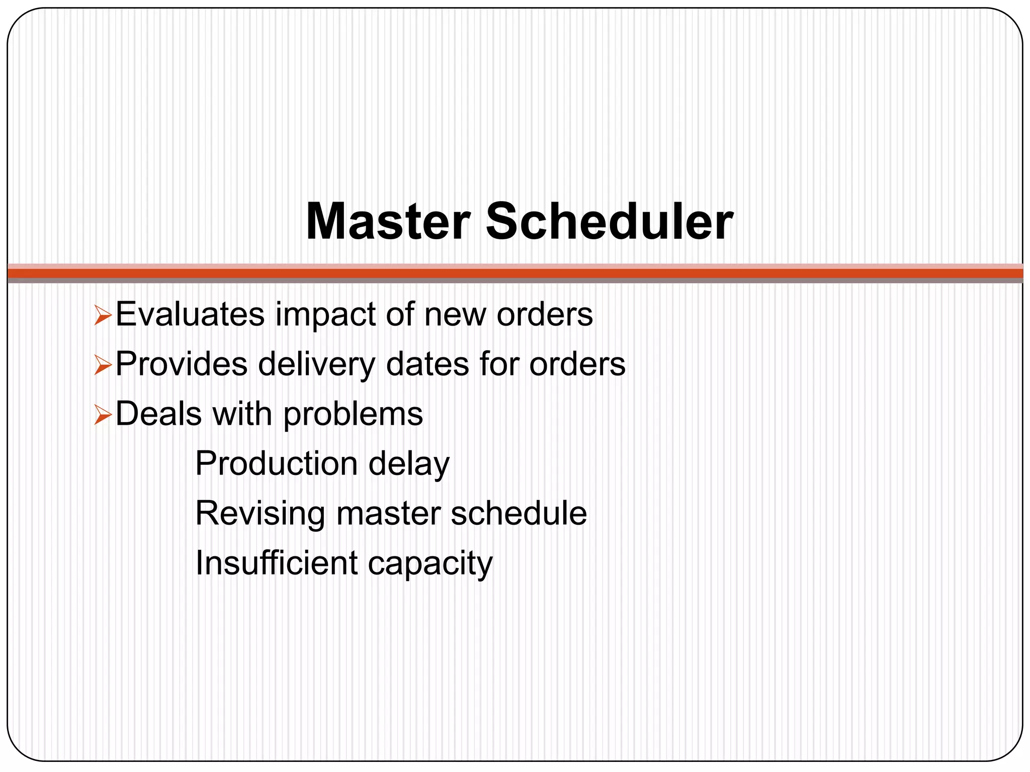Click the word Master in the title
tap(388, 222)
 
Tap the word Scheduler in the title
tap(609, 222)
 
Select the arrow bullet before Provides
tap(103, 366)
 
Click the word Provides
tap(182, 364)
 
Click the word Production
tap(276, 463)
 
